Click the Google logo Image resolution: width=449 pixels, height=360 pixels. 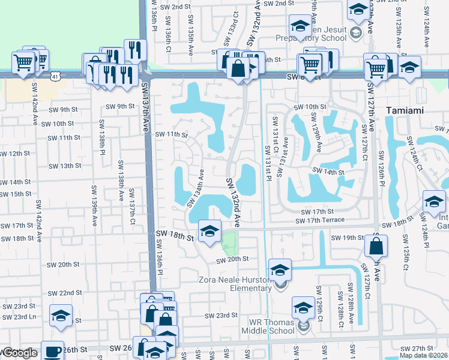click(19, 353)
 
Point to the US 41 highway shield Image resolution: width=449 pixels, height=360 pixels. click(55, 77)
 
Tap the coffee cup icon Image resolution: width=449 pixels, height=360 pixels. click(53, 350)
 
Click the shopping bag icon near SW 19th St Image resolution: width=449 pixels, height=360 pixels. click(376, 246)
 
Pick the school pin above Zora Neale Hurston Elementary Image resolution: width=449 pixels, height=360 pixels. click(280, 270)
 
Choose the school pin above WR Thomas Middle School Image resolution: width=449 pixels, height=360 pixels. click(304, 308)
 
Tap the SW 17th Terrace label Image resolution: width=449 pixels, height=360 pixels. click(320, 220)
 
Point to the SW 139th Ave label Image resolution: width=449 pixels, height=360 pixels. click(94, 205)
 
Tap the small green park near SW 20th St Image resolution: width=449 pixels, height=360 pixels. click(229, 244)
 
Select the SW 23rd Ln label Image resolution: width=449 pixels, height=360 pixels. click(20, 317)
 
